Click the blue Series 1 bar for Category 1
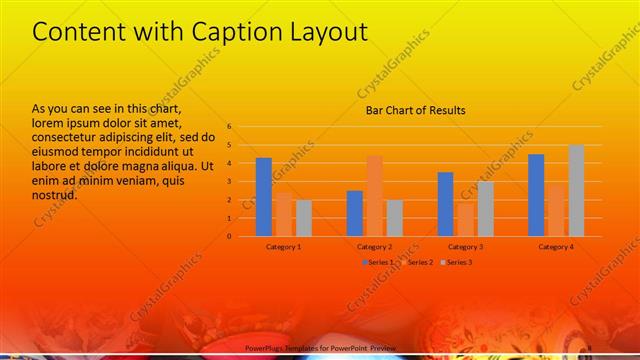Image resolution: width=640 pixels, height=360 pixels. [x=264, y=197]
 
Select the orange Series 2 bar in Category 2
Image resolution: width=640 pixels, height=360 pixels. [x=374, y=196]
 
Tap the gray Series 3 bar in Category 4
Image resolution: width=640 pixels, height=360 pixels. [x=576, y=191]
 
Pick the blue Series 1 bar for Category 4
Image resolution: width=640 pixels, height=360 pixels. [x=536, y=195]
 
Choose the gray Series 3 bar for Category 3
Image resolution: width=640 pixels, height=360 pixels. [x=485, y=209]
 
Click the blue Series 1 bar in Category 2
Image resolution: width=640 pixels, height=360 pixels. [x=355, y=213]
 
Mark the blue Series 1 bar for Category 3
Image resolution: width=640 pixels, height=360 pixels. [x=445, y=204]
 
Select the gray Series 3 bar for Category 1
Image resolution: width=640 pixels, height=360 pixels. [x=304, y=218]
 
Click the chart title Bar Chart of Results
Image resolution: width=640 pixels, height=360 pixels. [x=414, y=110]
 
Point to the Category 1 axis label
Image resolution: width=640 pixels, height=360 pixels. [x=284, y=246]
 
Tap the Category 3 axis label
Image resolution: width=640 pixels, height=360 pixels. [x=465, y=246]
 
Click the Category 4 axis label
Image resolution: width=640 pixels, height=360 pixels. [x=556, y=246]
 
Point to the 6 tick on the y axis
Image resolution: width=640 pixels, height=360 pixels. [x=230, y=127]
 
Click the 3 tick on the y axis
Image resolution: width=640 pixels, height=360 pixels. [x=230, y=182]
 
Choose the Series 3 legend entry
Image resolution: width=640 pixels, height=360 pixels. [x=456, y=262]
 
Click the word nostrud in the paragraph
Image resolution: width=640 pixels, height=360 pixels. [x=56, y=195]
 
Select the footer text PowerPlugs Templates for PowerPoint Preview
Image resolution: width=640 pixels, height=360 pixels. [x=321, y=347]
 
